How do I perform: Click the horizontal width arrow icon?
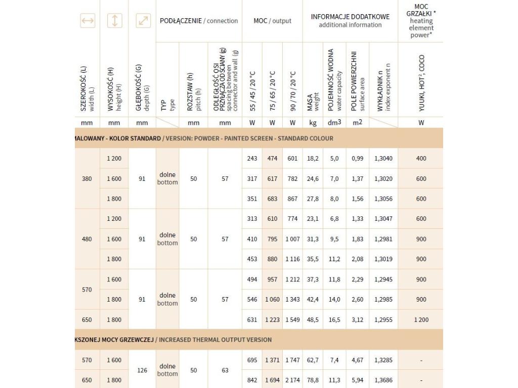[x=88, y=21]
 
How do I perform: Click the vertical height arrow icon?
[x=115, y=21]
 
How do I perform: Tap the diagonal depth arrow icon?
[x=143, y=21]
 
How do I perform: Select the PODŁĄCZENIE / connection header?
[x=199, y=21]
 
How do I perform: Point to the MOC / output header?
[x=272, y=21]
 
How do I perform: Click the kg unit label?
[x=313, y=123]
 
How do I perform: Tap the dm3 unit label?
[x=334, y=123]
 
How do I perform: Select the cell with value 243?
[x=252, y=159]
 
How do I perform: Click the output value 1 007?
[x=292, y=239]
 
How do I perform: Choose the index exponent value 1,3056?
[x=383, y=199]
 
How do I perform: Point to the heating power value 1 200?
[x=421, y=320]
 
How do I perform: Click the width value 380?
[x=87, y=178]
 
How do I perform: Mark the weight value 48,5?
[x=313, y=320]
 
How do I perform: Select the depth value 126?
[x=142, y=370]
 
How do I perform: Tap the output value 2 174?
[x=292, y=380]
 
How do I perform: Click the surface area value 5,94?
[x=358, y=380]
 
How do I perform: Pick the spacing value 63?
[x=225, y=370]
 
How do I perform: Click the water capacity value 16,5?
[x=334, y=320]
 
